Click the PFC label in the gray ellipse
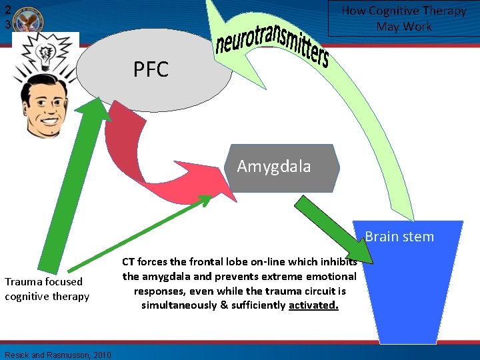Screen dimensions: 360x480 pos(151,69)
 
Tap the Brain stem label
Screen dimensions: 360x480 pos(399,237)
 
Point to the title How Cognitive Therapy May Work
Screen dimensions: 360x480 pos(404,19)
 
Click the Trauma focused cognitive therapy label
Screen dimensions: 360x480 pos(47,289)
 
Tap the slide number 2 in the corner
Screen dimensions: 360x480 pos(6,9)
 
